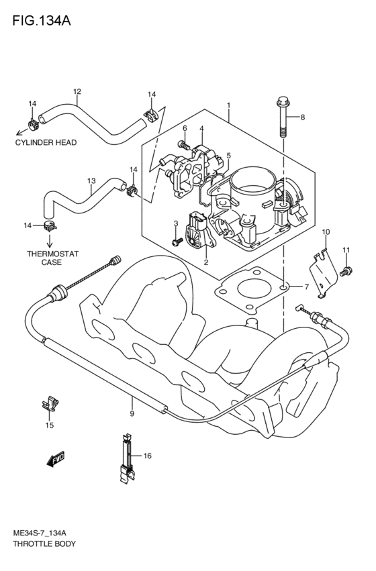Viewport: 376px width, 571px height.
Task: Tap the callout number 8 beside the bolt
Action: click(302, 117)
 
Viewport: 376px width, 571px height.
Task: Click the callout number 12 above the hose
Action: click(77, 91)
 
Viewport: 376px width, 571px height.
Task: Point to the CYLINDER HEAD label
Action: click(46, 142)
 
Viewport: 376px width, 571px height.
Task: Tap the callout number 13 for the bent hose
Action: click(92, 180)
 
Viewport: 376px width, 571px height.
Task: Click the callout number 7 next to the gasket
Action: click(306, 287)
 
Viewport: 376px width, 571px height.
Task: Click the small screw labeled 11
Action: click(346, 271)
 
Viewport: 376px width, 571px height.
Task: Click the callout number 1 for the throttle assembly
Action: click(229, 105)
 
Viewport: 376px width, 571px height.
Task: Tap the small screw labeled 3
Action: click(177, 240)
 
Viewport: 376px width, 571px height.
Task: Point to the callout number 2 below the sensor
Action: click(187, 262)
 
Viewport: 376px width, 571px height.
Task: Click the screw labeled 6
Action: click(182, 144)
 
